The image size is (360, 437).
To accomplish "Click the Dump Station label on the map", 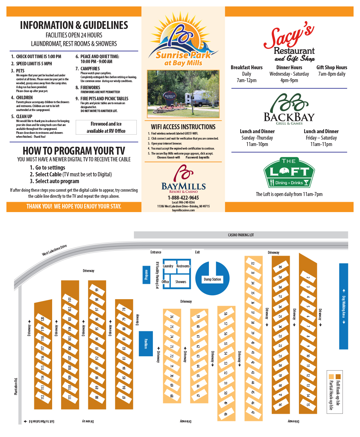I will [x=212, y=279].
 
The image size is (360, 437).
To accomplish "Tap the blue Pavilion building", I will [x=146, y=343].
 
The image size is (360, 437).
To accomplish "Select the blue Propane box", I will [x=146, y=275].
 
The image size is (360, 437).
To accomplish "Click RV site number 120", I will [x=42, y=319].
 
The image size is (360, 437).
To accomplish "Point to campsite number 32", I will [x=253, y=263].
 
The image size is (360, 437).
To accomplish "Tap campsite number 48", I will [x=226, y=414].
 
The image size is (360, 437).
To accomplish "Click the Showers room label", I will [x=181, y=282].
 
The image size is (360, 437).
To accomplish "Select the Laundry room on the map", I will [x=168, y=266].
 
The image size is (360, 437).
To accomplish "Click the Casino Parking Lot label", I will [x=241, y=235].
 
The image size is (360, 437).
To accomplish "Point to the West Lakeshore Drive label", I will [x=54, y=250].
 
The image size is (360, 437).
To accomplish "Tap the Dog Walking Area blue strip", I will [x=343, y=306].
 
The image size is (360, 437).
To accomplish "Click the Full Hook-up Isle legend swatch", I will [x=338, y=376].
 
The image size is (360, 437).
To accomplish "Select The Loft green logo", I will [x=289, y=173].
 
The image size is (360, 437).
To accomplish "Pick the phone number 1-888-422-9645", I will [x=183, y=197].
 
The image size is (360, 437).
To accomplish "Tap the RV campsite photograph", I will [x=183, y=94].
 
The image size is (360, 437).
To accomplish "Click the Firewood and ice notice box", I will [x=106, y=127].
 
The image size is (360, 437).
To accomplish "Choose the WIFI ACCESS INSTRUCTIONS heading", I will [x=183, y=127].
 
